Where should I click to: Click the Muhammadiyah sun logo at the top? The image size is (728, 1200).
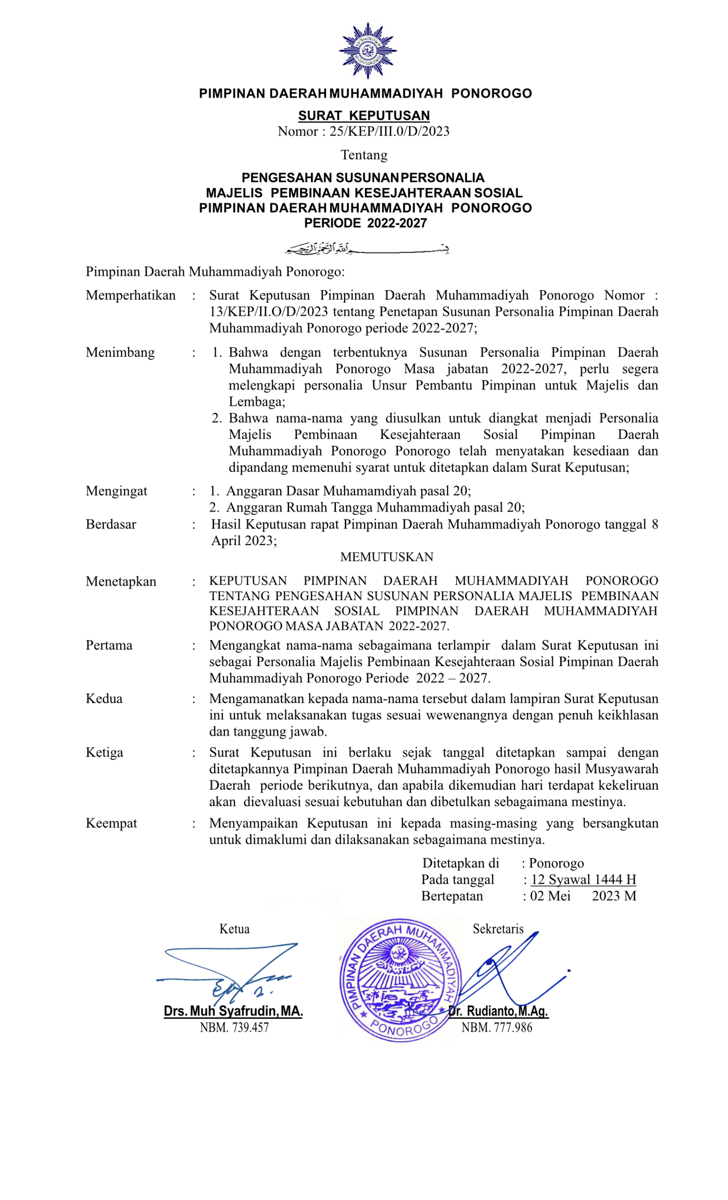click(367, 51)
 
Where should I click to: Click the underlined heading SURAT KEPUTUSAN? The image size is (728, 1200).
click(364, 115)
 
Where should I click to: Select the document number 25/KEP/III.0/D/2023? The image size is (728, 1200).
click(389, 131)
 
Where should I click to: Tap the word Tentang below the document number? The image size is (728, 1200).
click(364, 155)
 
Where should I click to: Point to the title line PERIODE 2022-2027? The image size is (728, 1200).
click(365, 223)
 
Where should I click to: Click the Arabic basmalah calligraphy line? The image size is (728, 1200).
click(366, 249)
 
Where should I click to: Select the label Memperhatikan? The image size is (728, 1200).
click(130, 295)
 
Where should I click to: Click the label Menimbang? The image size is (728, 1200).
click(120, 352)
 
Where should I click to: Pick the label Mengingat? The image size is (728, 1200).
click(116, 491)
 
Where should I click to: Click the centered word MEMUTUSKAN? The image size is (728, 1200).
click(387, 557)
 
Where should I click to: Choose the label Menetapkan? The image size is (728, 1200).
click(121, 582)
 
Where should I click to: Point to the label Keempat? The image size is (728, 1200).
click(111, 823)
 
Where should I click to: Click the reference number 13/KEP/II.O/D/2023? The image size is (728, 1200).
click(268, 312)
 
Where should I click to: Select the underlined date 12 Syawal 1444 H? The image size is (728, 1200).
click(583, 879)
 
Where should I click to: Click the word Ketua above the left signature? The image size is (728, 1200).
click(235, 929)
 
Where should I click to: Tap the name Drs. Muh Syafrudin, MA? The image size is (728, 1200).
click(234, 1011)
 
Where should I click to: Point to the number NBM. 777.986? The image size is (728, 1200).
click(497, 1027)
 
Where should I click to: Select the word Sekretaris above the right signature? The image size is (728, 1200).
click(498, 929)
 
